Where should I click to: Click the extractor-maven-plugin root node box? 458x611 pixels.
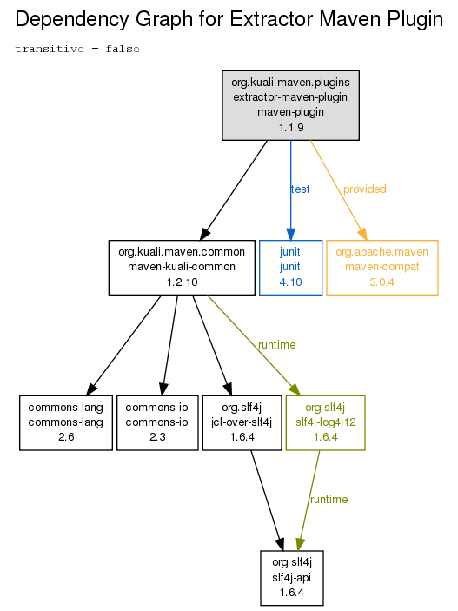click(290, 105)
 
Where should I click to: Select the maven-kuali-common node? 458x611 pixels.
click(182, 268)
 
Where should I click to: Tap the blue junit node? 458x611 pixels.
click(290, 268)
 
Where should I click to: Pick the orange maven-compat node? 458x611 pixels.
click(382, 268)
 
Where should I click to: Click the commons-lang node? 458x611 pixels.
click(66, 422)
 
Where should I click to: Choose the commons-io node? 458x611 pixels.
click(157, 422)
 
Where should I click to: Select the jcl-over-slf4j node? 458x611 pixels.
click(242, 422)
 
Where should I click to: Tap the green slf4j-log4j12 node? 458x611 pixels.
click(326, 422)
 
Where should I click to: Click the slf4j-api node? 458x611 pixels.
click(292, 578)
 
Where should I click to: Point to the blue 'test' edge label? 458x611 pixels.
click(300, 189)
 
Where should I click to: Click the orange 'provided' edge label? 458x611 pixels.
click(364, 189)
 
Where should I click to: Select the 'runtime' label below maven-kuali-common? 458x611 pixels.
click(276, 345)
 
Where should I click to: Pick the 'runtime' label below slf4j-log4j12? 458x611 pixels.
click(329, 500)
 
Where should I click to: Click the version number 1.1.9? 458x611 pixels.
click(291, 128)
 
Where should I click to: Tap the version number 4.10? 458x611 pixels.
click(291, 282)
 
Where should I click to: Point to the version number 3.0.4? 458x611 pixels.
click(382, 282)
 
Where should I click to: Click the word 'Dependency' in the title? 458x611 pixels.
click(72, 19)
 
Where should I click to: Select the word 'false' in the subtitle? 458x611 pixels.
click(123, 49)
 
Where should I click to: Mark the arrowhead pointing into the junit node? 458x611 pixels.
click(290, 234)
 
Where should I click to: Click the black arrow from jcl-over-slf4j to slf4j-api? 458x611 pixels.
click(268, 501)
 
